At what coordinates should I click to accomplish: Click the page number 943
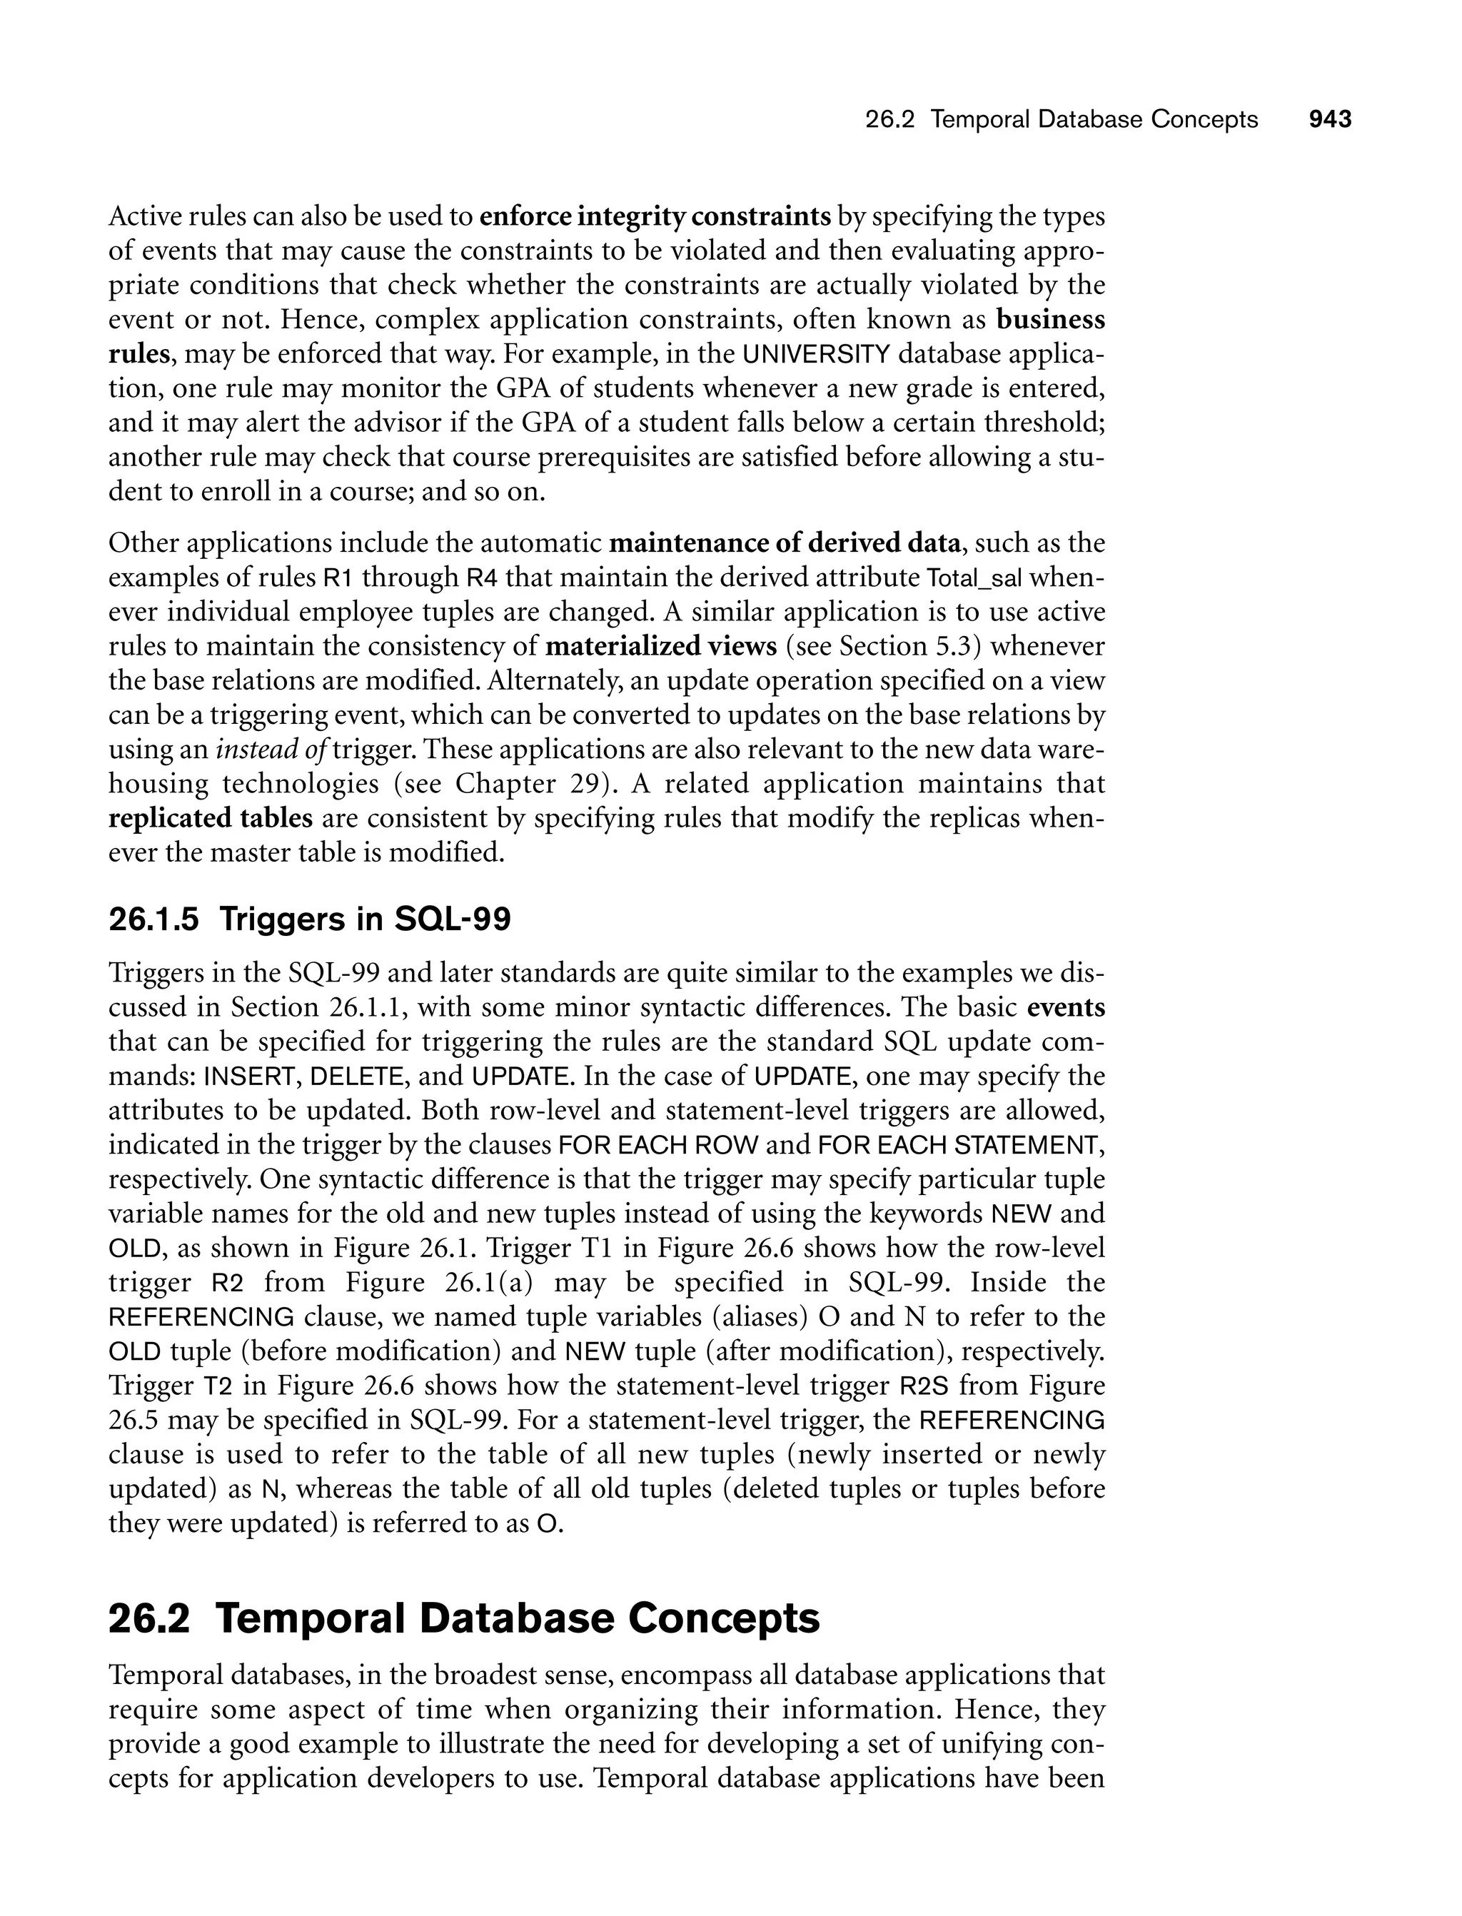[1330, 120]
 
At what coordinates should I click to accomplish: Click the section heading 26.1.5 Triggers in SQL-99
[309, 919]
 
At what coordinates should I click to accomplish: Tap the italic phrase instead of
[273, 750]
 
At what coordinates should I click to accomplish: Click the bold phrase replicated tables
[210, 819]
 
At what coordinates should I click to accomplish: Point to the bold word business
[1049, 321]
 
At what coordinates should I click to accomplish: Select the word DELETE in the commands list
[357, 1077]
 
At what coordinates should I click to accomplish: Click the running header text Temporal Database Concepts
[1093, 120]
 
